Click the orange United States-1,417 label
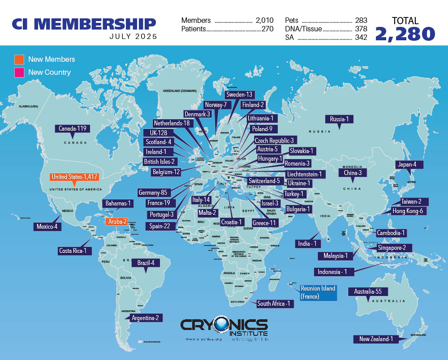[74, 177]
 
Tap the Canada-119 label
[73, 129]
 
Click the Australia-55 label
[368, 291]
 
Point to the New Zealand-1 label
[376, 339]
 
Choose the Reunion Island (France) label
[318, 292]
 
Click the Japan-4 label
[406, 164]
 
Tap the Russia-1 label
[339, 119]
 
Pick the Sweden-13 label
[239, 94]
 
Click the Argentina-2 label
[144, 318]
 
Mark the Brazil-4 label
[146, 263]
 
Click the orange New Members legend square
[19, 60]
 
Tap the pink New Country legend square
[19, 72]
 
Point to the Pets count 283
[361, 21]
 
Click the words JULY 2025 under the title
[133, 37]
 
